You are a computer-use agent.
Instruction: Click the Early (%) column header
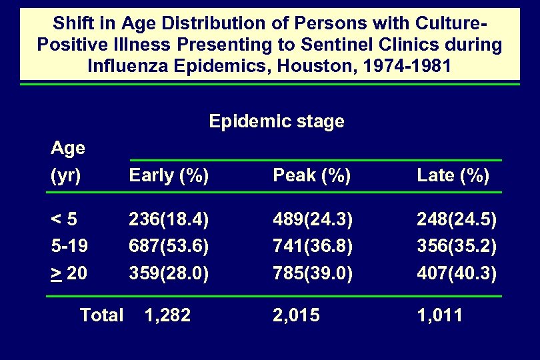coord(169,176)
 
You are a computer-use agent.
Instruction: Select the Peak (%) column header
coord(312,176)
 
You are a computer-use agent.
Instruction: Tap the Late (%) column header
coord(453,176)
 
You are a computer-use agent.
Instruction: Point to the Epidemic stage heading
coord(277,121)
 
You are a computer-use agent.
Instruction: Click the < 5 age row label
coord(65,219)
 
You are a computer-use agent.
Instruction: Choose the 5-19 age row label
coord(68,245)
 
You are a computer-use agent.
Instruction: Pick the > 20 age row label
coord(68,272)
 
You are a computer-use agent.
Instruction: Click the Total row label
coord(101,315)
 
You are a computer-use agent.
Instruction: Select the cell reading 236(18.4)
coord(169,219)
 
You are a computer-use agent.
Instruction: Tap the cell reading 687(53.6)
coord(169,245)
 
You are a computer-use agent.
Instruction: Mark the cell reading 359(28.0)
coord(169,272)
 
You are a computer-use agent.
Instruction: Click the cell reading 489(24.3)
coord(313,219)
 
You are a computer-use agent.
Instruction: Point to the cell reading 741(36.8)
coord(313,245)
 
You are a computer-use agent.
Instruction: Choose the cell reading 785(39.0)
coord(313,272)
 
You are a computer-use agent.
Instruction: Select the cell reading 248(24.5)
coord(457,219)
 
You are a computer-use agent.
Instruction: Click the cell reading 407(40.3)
coord(457,272)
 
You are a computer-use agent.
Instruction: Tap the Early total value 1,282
coord(167,315)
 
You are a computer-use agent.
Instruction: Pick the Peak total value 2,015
coord(297,315)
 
